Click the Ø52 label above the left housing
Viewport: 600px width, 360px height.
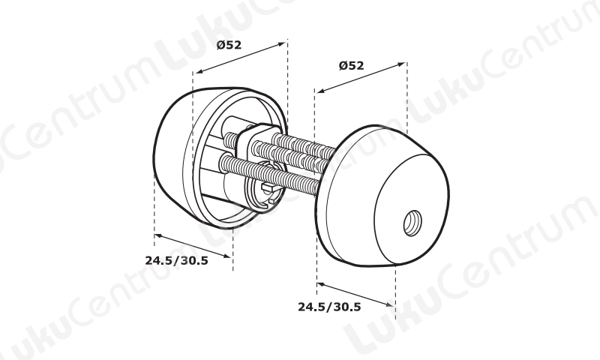coord(229,45)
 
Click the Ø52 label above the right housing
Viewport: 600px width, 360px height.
coord(351,66)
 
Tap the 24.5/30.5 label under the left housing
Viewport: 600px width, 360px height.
coord(176,260)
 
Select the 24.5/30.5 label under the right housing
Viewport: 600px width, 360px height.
coord(329,307)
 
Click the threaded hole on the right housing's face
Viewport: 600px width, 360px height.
coord(413,223)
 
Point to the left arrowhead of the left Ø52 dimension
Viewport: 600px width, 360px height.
coord(198,71)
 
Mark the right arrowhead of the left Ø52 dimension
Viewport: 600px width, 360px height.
coord(283,43)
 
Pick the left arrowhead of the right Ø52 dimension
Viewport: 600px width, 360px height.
coord(320,91)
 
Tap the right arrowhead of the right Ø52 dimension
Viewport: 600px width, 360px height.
coord(401,64)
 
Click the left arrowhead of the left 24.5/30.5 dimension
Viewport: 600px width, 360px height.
coord(158,235)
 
